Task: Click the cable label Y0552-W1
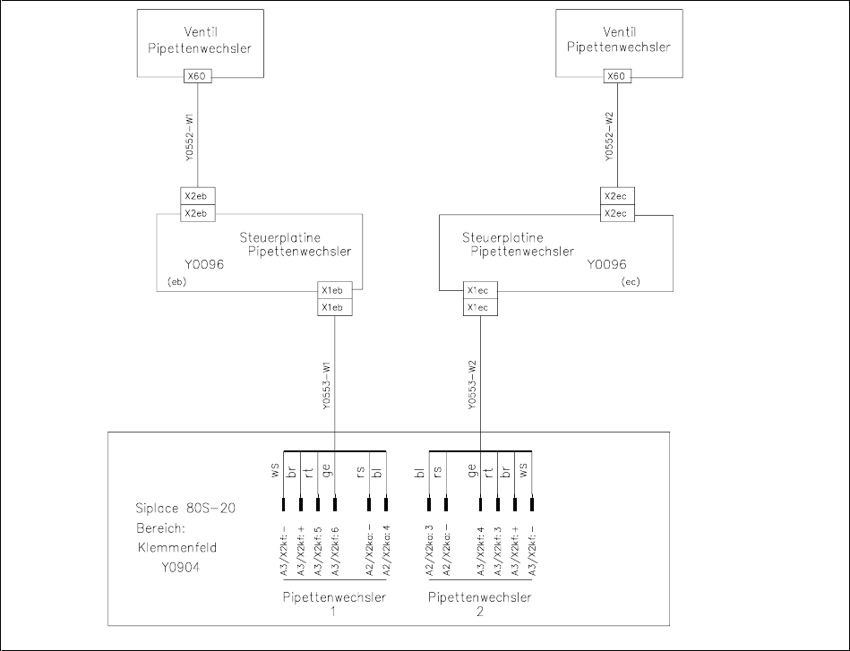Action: click(190, 137)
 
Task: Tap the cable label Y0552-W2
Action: click(608, 137)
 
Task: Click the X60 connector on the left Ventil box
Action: click(196, 76)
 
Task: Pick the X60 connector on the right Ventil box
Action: click(615, 76)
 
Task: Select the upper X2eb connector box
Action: click(195, 197)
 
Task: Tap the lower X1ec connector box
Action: click(477, 307)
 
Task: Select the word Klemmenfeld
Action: click(177, 545)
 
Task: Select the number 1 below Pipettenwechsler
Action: click(333, 611)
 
